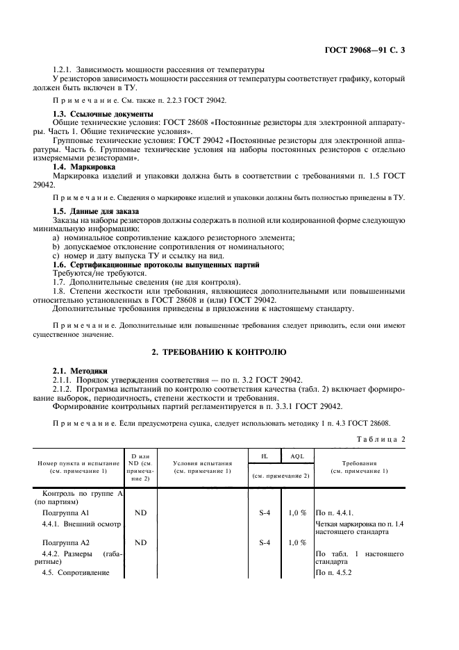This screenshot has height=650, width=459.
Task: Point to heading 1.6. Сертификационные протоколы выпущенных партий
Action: coord(156,265)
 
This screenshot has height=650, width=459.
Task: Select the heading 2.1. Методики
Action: coord(80,372)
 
